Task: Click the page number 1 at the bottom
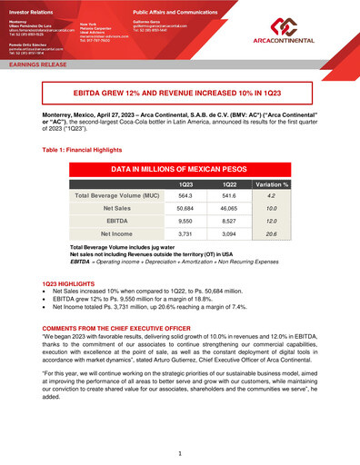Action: [x=180, y=451]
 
